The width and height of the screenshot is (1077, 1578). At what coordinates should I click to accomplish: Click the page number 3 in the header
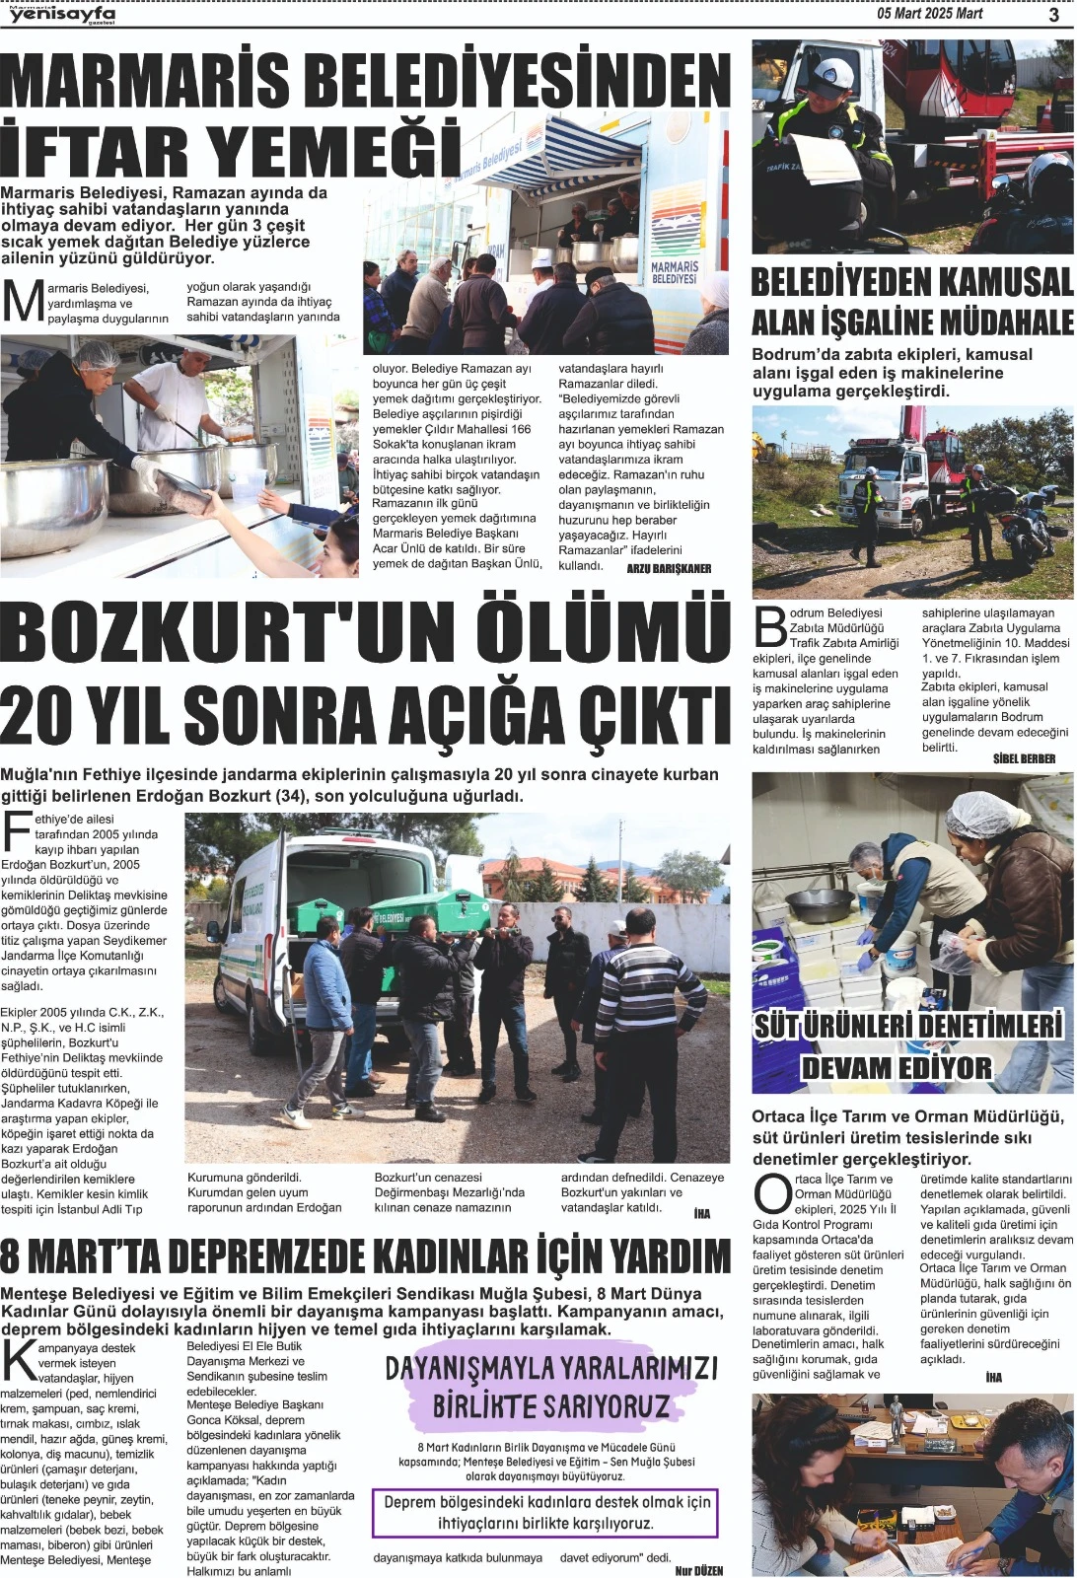point(1053,14)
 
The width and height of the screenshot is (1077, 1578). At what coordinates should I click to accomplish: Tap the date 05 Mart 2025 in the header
point(916,14)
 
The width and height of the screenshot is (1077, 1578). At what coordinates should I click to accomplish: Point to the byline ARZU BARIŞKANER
point(669,568)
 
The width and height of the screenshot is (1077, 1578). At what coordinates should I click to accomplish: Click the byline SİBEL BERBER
point(1024,758)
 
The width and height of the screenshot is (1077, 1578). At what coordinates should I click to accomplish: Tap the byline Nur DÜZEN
point(698,1570)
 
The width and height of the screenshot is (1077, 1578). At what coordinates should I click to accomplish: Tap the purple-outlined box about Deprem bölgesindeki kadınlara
point(545,1513)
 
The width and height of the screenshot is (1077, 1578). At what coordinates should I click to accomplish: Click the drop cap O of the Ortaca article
point(772,1193)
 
